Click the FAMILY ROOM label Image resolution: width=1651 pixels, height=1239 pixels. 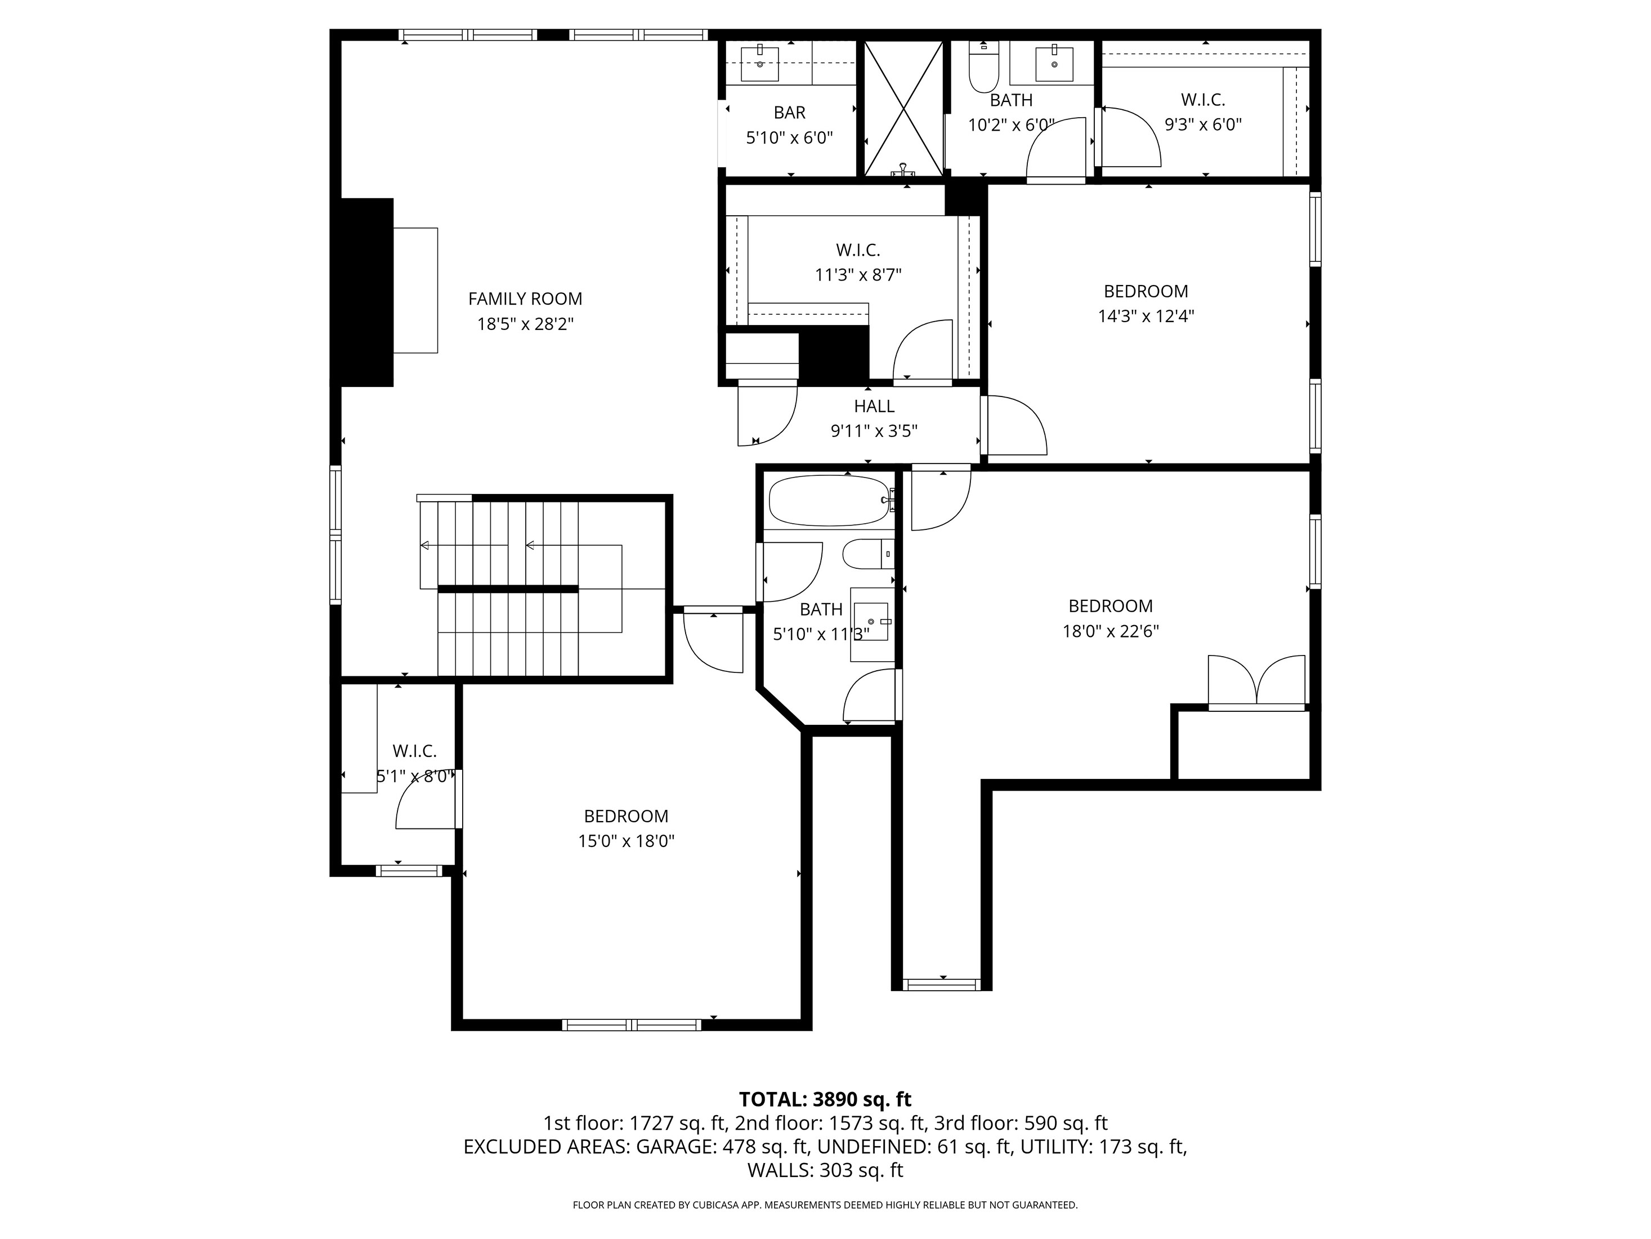[525, 298]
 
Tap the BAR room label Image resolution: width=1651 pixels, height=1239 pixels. [789, 113]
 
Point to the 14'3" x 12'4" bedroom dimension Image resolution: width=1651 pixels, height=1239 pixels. [1145, 316]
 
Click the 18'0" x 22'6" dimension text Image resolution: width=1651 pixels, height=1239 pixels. [1110, 631]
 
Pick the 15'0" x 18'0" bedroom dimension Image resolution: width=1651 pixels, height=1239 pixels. [625, 841]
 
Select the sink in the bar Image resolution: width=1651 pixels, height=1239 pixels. [760, 64]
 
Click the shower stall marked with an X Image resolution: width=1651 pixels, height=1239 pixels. [903, 108]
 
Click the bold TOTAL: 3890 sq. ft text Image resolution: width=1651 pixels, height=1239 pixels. [825, 1099]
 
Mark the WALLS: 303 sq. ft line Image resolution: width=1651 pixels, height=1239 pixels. [825, 1170]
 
